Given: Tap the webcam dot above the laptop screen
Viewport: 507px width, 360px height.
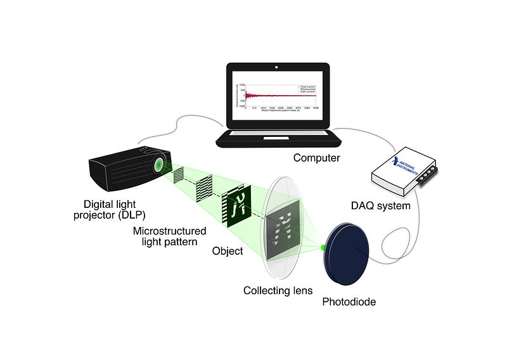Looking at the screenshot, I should pos(276,66).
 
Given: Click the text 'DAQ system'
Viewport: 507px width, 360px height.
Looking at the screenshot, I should pos(381,205).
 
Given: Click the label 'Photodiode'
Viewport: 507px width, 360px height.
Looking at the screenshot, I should pos(349,302).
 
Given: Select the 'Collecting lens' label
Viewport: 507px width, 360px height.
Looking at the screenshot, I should pos(278,290).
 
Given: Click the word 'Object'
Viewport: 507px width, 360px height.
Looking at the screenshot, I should pos(228,251).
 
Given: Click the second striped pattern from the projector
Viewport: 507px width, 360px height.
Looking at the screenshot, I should pos(203,187).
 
